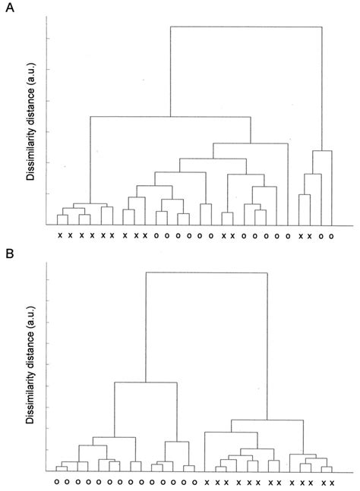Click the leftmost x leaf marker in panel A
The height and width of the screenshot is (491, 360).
(x=59, y=236)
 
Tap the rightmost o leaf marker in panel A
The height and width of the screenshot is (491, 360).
(x=332, y=236)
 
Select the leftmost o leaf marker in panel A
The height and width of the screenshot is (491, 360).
(x=156, y=236)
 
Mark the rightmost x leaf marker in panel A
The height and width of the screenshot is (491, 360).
(x=310, y=236)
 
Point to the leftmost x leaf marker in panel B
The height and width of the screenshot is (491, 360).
(x=206, y=482)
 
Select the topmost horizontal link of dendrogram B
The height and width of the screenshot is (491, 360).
(x=206, y=272)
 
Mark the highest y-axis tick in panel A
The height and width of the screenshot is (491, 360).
(x=48, y=39)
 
